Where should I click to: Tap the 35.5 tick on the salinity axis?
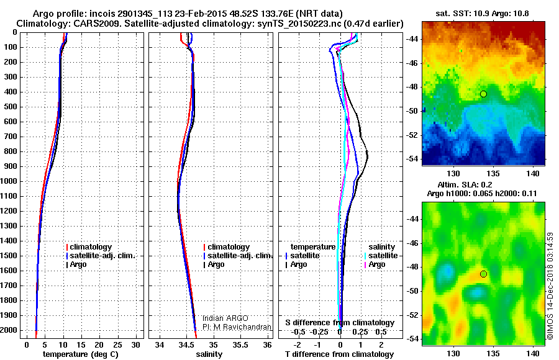pos(240,344)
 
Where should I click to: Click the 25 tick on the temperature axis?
pos(118,344)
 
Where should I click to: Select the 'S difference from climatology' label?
pos(340,323)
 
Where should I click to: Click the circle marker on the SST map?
pos(483,94)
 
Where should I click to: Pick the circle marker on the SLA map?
pos(484,274)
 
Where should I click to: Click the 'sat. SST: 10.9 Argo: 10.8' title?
pos(483,12)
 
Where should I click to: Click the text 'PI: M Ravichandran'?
pos(237,326)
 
